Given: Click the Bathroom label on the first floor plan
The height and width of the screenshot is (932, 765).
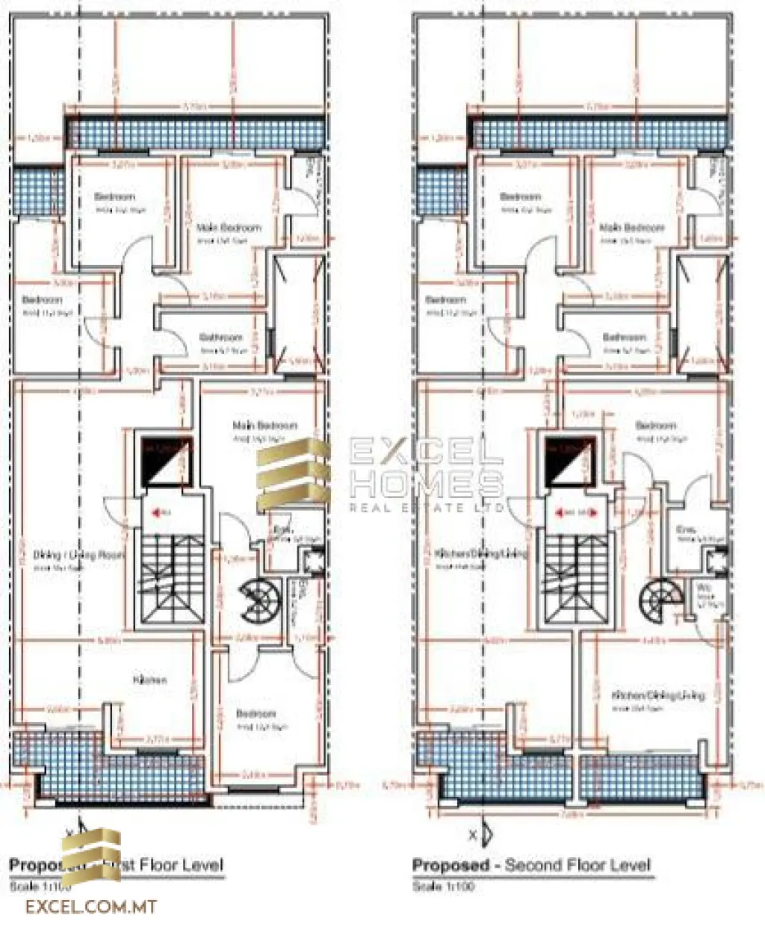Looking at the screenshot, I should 221,337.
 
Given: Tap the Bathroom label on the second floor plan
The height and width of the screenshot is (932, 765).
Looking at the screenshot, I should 624,337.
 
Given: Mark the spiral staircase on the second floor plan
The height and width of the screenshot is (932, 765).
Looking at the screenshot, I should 660,596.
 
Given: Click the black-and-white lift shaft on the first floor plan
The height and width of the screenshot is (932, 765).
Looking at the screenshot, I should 167,461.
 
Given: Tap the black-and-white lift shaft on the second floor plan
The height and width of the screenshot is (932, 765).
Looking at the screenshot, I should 570,461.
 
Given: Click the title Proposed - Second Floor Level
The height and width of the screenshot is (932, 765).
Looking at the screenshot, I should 531,866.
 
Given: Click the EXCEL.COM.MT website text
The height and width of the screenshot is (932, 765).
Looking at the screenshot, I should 91,907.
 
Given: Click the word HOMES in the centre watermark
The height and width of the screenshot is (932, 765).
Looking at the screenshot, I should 427,484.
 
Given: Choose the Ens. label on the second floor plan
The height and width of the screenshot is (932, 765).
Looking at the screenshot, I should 686,529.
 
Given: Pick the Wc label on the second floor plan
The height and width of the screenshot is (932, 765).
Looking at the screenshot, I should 704,588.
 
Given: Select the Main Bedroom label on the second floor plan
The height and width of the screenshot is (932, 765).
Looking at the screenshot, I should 632,228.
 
